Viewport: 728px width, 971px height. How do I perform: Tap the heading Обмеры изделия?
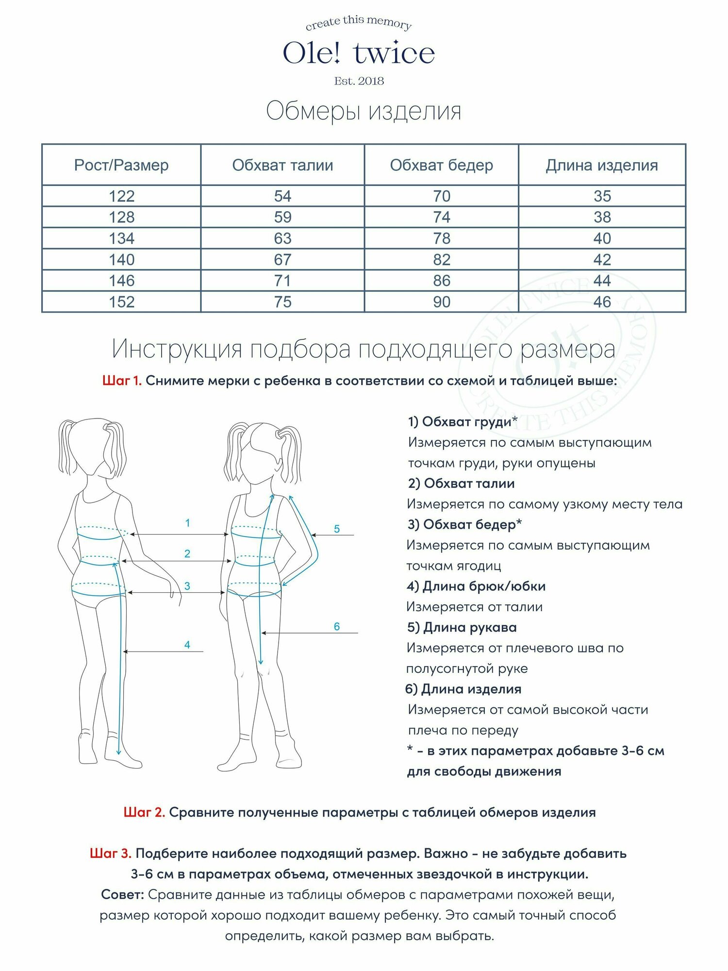(x=364, y=111)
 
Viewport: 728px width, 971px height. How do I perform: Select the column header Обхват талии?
(x=282, y=165)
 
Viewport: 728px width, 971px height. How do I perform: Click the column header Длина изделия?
(x=602, y=165)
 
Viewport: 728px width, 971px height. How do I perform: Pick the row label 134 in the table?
(x=121, y=238)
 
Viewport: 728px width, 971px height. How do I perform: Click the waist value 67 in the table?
(x=282, y=260)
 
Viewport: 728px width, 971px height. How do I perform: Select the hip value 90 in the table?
(x=442, y=302)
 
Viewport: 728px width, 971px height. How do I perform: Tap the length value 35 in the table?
(x=602, y=196)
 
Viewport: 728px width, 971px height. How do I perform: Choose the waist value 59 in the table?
(x=282, y=217)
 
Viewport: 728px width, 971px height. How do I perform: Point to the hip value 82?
(x=442, y=260)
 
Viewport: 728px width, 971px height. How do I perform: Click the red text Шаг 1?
(x=122, y=381)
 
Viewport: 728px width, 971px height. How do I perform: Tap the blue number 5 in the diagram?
(x=337, y=529)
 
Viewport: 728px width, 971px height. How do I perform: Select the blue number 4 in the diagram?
(x=187, y=645)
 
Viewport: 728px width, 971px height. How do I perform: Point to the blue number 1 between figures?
(x=187, y=523)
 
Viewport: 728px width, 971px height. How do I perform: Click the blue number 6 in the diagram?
(x=337, y=626)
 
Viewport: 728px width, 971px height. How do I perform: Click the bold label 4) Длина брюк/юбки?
(x=476, y=586)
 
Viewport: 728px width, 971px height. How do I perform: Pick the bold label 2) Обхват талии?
(x=461, y=484)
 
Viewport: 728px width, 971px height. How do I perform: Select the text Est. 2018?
(x=359, y=81)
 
